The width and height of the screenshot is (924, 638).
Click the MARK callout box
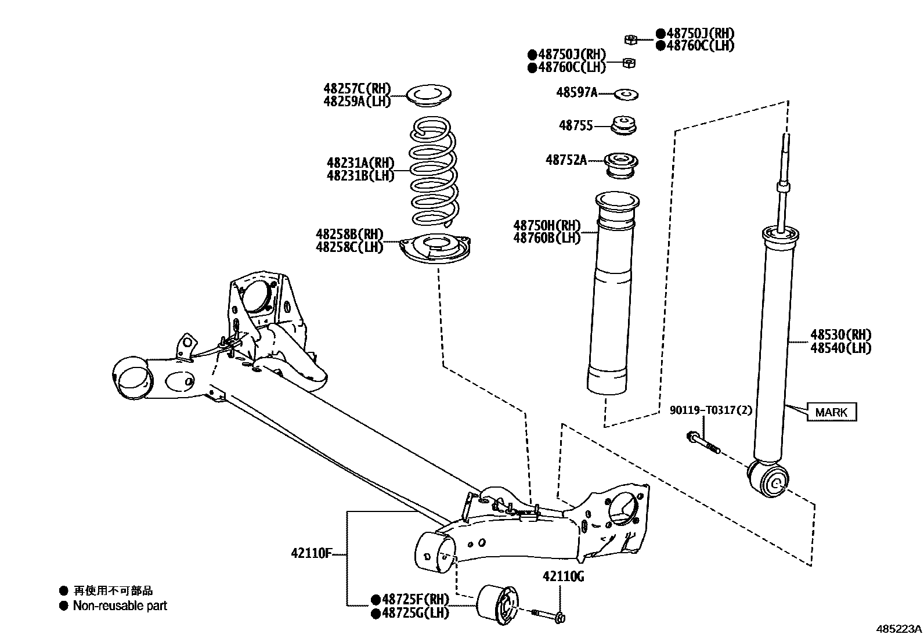831,412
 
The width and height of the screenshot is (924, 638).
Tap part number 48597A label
576,92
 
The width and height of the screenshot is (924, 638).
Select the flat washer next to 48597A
626,93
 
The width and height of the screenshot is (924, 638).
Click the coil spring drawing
434,172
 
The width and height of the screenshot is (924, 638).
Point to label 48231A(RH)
360,163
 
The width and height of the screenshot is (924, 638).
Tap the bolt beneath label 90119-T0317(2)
703,443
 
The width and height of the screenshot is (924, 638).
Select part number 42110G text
563,576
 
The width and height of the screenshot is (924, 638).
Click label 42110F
311,553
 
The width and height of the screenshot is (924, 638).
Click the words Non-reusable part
120,606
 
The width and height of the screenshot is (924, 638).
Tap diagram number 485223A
898,629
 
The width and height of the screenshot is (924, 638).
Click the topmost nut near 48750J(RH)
631,39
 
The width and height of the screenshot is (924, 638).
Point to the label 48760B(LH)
547,237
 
